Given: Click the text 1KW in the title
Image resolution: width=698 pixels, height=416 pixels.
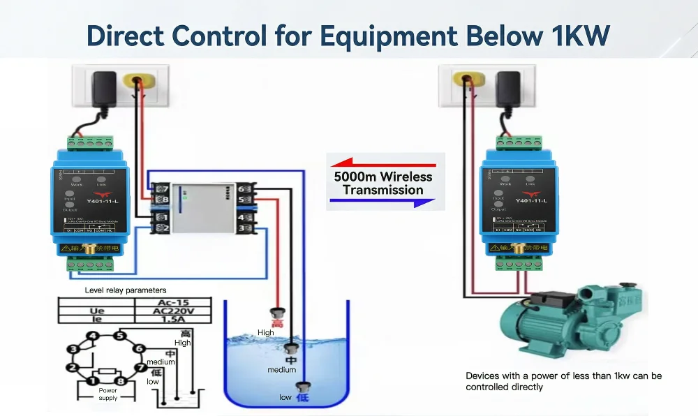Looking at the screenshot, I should [574, 36].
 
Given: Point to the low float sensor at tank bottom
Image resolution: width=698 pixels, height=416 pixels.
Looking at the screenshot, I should [303, 388].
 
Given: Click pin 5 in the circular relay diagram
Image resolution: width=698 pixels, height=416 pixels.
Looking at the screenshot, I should [120, 336].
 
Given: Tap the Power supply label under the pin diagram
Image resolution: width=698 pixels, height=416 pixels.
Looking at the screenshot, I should [108, 394].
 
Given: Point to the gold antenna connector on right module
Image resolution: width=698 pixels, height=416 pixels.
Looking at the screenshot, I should [518, 248].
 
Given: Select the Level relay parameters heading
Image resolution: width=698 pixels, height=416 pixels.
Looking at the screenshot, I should [126, 290].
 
